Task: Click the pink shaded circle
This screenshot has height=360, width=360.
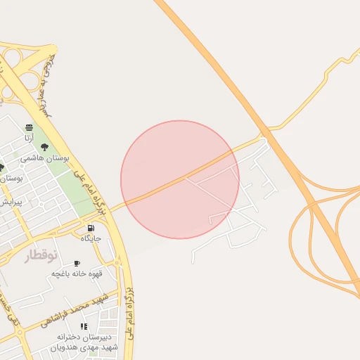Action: (x=180, y=179)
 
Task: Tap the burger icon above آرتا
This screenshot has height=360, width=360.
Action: (x=29, y=127)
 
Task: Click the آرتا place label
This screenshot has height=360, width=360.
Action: (x=29, y=138)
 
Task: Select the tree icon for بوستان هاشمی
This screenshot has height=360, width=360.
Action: (x=45, y=148)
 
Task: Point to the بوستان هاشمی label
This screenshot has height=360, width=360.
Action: (x=45, y=158)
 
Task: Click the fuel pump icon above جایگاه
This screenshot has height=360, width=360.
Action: (x=91, y=228)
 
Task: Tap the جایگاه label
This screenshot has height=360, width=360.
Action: (x=91, y=238)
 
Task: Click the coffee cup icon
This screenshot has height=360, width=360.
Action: (x=77, y=263)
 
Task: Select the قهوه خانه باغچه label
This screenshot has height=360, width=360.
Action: (x=77, y=274)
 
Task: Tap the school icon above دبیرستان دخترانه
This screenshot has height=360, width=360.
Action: (x=84, y=326)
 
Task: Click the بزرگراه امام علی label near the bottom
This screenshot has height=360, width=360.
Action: (x=130, y=316)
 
